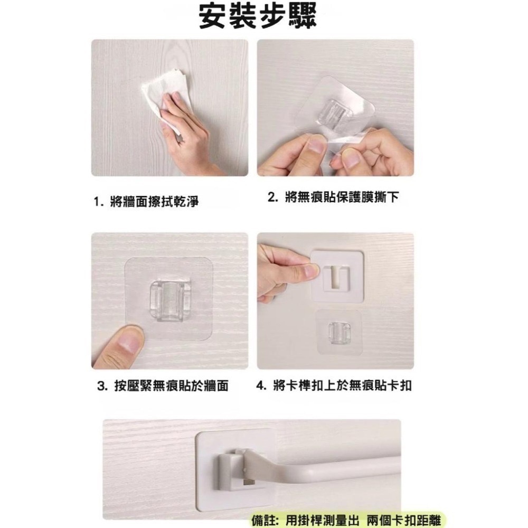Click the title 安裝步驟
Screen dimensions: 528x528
pyautogui.click(x=258, y=16)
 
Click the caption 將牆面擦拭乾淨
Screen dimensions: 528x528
pyautogui.click(x=154, y=202)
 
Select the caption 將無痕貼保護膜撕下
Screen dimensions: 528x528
pyautogui.click(x=342, y=197)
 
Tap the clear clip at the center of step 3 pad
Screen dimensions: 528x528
pyautogui.click(x=167, y=300)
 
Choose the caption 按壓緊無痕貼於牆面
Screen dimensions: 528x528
pyautogui.click(x=172, y=386)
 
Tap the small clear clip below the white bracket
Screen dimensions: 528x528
pyautogui.click(x=339, y=333)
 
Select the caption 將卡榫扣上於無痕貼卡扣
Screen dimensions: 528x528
pyautogui.click(x=343, y=385)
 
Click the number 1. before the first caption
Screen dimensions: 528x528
pyautogui.click(x=98, y=202)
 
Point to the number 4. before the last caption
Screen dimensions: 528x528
pyautogui.click(x=262, y=386)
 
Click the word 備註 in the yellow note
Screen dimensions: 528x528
pyautogui.click(x=262, y=520)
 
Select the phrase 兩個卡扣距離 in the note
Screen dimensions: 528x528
pyautogui.click(x=403, y=521)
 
